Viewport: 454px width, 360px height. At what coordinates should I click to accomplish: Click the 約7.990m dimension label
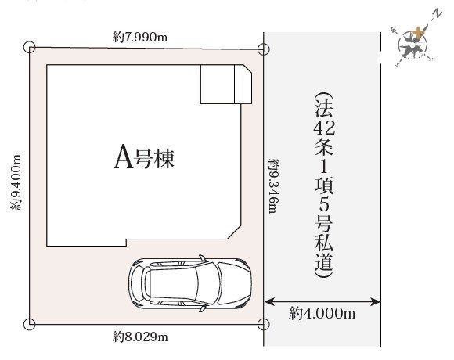tap(140, 37)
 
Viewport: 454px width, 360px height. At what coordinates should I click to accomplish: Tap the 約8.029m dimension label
tap(140, 337)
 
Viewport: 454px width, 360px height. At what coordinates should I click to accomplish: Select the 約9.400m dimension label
tap(16, 182)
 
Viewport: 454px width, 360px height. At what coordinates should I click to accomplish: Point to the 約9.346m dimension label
tap(274, 186)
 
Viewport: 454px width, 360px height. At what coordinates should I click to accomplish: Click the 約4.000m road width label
tap(322, 313)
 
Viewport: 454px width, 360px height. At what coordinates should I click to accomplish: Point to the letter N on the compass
tap(438, 14)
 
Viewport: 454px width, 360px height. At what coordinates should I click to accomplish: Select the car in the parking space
tap(190, 283)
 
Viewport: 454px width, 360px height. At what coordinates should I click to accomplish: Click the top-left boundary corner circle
tap(30, 47)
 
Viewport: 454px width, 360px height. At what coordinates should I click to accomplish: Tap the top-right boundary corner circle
tap(263, 49)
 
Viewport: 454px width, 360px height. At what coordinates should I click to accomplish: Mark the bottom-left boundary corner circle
tap(30, 324)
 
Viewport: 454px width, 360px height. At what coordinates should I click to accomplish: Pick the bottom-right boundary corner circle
tap(263, 325)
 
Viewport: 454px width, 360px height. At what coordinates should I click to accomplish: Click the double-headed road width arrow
tap(322, 302)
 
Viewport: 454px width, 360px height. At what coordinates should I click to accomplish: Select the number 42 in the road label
tap(324, 128)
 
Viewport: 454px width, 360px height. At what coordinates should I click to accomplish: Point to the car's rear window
tap(146, 283)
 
